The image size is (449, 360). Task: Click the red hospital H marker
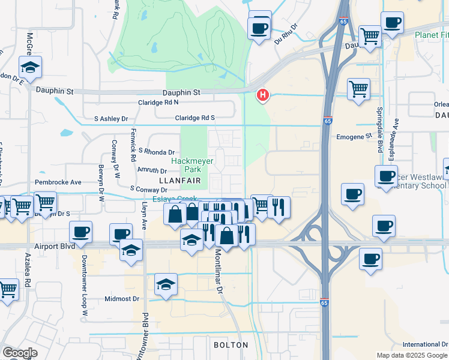click(262, 95)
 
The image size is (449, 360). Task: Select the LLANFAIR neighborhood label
click(178, 180)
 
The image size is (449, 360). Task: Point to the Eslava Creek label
click(174, 199)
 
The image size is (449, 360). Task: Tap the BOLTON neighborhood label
click(231, 345)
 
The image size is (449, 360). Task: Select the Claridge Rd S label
click(195, 118)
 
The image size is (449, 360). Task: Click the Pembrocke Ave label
click(58, 182)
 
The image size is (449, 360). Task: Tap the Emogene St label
click(355, 136)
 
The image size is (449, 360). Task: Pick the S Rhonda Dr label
click(156, 152)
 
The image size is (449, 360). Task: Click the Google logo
click(20, 353)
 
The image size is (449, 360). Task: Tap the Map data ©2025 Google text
click(412, 355)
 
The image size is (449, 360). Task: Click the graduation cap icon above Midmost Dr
click(166, 286)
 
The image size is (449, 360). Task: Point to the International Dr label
click(425, 344)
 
